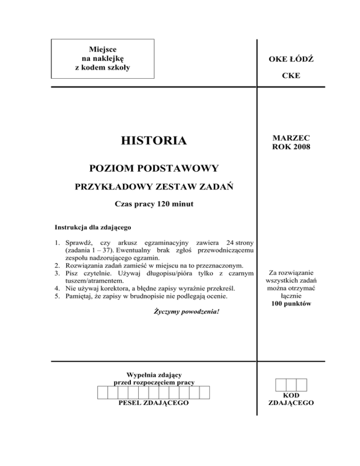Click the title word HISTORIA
[x=153, y=140]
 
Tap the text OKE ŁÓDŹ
[x=291, y=60]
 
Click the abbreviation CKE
[x=291, y=75]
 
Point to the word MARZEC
[x=291, y=136]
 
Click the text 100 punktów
[x=291, y=304]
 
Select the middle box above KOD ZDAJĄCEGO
[x=291, y=385]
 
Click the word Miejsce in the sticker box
[x=103, y=49]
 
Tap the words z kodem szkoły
[x=103, y=67]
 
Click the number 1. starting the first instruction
[x=58, y=242]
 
